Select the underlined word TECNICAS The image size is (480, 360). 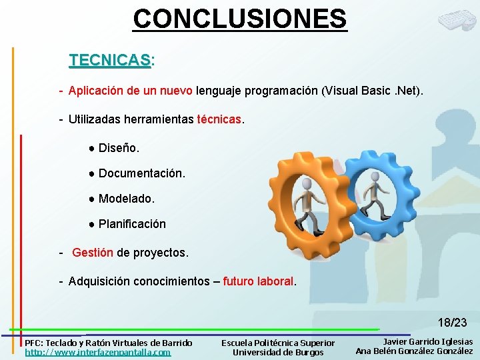point(110,60)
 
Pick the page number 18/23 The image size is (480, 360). point(452,323)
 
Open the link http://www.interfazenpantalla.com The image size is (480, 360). point(98,352)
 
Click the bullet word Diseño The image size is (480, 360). point(119,147)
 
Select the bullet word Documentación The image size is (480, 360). point(142,173)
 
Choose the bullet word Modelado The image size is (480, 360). point(126,199)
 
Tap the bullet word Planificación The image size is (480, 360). point(132,224)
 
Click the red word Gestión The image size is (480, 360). point(93,253)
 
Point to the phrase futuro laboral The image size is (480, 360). point(258,281)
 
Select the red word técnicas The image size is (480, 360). point(220,119)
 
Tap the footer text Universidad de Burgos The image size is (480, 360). point(278,352)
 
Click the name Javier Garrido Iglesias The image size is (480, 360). point(427,341)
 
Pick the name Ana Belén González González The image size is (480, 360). point(414,351)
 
